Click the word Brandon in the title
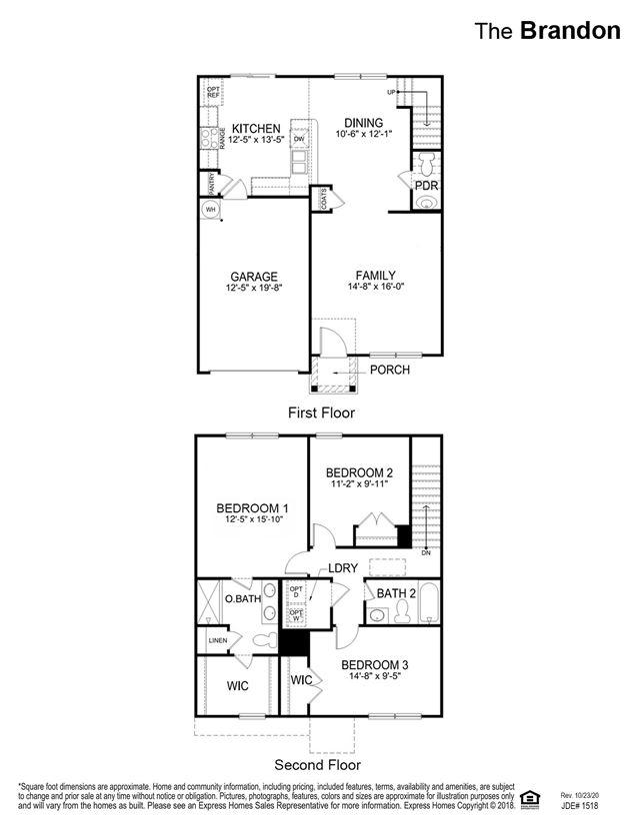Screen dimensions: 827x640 pyautogui.click(x=570, y=30)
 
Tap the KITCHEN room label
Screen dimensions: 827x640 pyautogui.click(x=256, y=129)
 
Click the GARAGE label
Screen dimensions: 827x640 pyautogui.click(x=253, y=277)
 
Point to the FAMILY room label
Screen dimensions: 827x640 pyautogui.click(x=376, y=276)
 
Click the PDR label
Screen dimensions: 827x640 pyautogui.click(x=427, y=186)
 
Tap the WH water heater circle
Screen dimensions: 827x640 pyautogui.click(x=211, y=210)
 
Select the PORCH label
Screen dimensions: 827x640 pyautogui.click(x=390, y=370)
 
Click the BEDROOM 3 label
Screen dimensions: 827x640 pyautogui.click(x=375, y=664)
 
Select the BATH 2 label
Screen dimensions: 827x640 pyautogui.click(x=396, y=593)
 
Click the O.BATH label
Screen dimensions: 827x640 pyautogui.click(x=243, y=598)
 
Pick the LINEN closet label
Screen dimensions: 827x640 pyautogui.click(x=217, y=640)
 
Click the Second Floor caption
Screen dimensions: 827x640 pyautogui.click(x=318, y=765)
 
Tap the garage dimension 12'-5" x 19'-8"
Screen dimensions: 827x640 pyautogui.click(x=253, y=289)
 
